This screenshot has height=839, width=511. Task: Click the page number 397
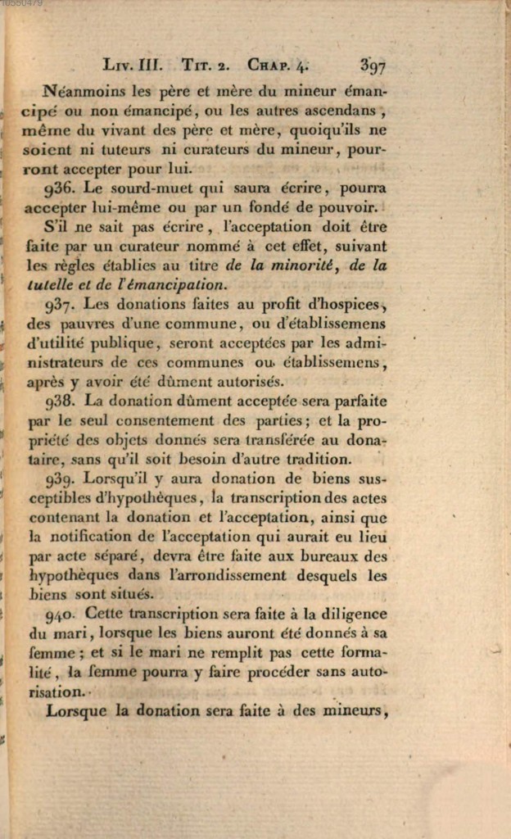372,65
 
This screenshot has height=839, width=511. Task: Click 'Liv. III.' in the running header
134,65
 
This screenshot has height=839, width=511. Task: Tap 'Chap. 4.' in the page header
279,65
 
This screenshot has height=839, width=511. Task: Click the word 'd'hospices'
343,305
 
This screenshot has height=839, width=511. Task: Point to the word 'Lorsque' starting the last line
77,711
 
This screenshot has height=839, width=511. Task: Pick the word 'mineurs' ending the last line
354,711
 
